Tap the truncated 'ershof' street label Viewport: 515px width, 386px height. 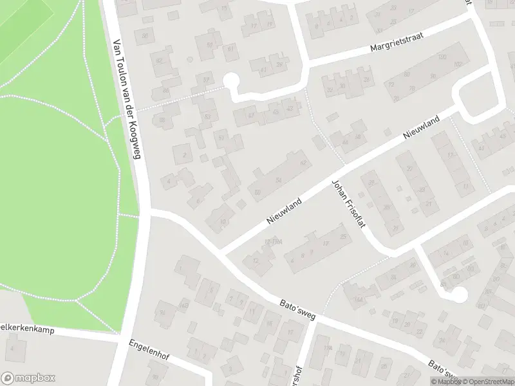pos(298,372)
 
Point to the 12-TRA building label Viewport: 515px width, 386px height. pos(274,242)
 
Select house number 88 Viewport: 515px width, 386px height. pos(162,120)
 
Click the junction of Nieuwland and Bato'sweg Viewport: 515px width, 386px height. pos(221,250)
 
